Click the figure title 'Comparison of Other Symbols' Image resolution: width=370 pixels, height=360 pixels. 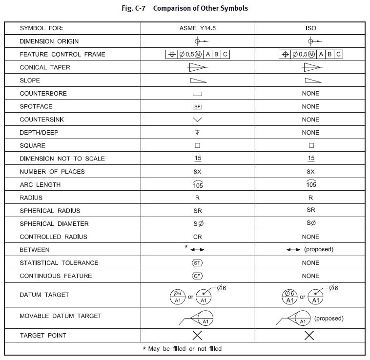[200, 9]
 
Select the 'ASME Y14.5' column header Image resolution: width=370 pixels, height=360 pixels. [198, 28]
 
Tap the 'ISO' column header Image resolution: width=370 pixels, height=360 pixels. [310, 28]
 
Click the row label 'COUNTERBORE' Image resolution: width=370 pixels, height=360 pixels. [43, 94]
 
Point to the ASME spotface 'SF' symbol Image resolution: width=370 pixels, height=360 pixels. [198, 107]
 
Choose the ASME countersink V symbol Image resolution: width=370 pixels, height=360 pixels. [198, 120]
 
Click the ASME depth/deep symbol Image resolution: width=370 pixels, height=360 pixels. [198, 133]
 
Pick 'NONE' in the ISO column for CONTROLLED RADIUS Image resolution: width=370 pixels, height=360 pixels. [310, 237]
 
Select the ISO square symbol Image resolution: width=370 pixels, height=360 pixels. [311, 146]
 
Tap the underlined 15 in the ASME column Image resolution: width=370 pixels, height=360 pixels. [198, 159]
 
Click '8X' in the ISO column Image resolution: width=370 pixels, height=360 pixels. [311, 172]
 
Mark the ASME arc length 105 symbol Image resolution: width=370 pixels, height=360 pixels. [198, 184]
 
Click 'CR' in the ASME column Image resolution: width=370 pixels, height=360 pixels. [198, 237]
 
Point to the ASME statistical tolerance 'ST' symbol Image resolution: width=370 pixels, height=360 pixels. [198, 263]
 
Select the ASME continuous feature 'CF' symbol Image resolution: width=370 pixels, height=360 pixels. [198, 276]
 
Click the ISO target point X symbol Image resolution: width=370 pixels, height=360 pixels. [309, 336]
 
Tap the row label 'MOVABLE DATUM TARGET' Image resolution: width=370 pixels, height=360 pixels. [61, 316]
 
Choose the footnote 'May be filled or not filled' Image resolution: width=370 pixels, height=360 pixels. [182, 349]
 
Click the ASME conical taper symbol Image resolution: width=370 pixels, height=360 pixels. [198, 68]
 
